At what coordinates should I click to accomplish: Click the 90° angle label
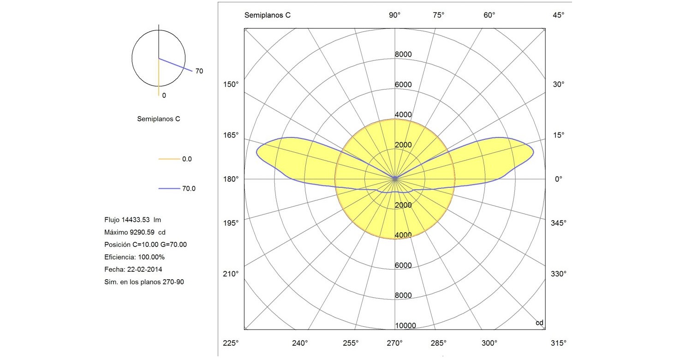[x=394, y=15]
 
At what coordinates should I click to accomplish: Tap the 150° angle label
[x=231, y=84]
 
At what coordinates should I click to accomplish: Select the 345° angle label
[x=559, y=223]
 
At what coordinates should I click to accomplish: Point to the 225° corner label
[x=231, y=343]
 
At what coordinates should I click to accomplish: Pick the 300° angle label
[x=489, y=343]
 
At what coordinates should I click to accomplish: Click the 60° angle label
[x=489, y=15]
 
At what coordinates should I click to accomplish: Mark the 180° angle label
[x=231, y=179]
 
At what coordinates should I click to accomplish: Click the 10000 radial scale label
[x=406, y=326]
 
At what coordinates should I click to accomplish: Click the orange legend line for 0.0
[x=168, y=159]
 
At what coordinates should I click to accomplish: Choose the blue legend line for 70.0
[x=168, y=188]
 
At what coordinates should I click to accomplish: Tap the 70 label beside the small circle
[x=199, y=71]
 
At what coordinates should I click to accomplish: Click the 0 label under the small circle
[x=164, y=95]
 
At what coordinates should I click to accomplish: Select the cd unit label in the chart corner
[x=539, y=323]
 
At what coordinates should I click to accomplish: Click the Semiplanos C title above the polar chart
[x=267, y=15]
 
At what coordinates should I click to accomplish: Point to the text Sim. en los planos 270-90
[x=144, y=282]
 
